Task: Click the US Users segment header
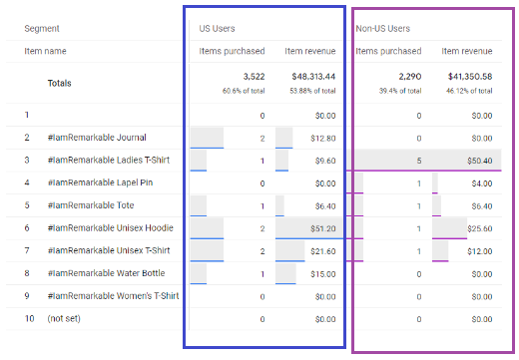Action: coord(217,29)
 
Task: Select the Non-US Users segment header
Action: coord(383,29)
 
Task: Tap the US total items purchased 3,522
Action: coord(254,77)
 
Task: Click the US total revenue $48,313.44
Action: coord(313,77)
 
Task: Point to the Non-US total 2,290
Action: coord(410,77)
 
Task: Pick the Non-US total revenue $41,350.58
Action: coord(470,77)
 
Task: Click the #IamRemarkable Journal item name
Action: coord(97,138)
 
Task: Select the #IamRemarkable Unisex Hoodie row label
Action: coord(111,228)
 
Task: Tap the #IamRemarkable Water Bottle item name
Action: coord(106,273)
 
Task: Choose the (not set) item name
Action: coord(64,318)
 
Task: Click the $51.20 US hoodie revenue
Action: coord(323,228)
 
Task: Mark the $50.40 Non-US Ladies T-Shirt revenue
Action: coord(479,161)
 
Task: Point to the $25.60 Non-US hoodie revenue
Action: coord(479,228)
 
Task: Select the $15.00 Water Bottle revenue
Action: coord(323,274)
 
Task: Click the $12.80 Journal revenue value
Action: coord(323,139)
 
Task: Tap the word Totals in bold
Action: coord(59,83)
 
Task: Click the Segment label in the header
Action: coord(42,29)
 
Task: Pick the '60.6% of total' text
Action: coord(244,91)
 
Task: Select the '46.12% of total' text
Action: coord(469,91)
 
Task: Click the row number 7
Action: coord(27,250)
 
